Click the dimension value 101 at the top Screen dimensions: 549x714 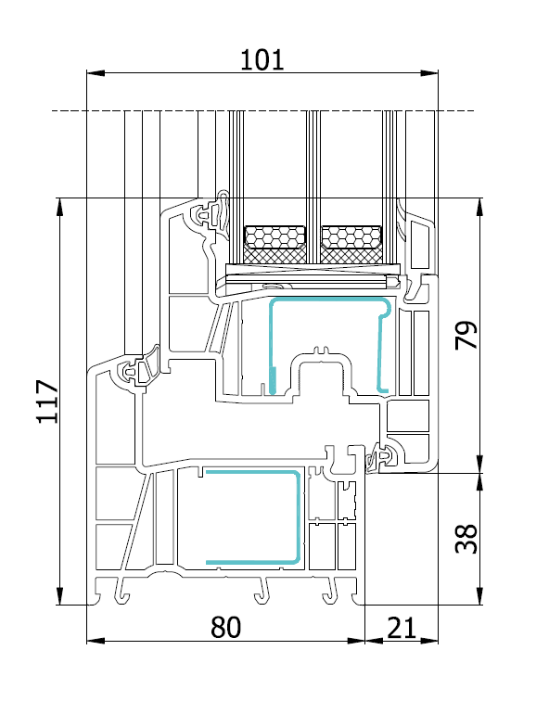coord(262,60)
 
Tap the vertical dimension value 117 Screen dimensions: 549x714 coord(47,402)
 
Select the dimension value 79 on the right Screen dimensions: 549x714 coord(466,335)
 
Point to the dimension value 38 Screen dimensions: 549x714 coord(466,539)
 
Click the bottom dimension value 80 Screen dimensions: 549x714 coord(225,627)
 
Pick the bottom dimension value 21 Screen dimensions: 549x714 coord(402,628)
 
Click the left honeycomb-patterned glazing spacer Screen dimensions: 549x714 coord(274,237)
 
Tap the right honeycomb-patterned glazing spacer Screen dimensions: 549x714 coord(351,237)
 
